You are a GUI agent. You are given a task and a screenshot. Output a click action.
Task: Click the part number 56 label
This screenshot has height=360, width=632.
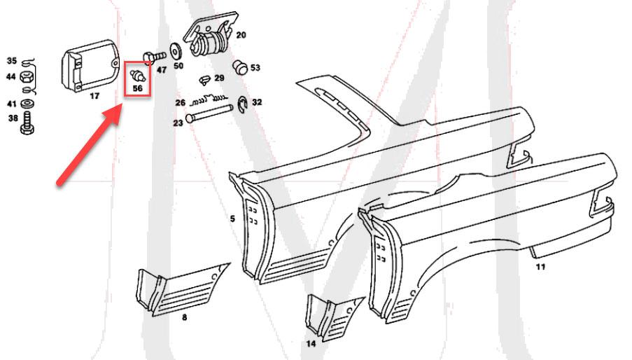point(137,89)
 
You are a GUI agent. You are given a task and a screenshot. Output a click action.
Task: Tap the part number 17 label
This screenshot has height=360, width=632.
point(94,96)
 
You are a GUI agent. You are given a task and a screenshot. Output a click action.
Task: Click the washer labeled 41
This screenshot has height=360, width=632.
point(26,104)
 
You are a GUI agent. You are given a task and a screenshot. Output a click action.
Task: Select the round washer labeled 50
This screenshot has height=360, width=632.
point(174,53)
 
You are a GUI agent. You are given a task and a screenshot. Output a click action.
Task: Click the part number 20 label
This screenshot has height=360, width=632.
point(241,35)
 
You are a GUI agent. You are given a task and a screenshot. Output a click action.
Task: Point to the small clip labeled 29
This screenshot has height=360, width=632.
point(204,78)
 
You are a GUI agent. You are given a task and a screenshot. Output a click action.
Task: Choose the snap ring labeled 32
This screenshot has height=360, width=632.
point(242,102)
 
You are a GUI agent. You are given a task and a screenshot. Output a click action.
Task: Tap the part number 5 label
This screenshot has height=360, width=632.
point(232,219)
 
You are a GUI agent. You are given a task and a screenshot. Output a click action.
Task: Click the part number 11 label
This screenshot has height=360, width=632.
point(540,266)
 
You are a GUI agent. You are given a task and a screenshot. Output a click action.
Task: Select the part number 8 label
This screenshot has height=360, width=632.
point(184,317)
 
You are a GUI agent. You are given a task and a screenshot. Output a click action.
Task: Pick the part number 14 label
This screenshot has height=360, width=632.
point(311,343)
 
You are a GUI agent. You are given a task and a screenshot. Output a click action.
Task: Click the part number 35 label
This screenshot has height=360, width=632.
point(11,61)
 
